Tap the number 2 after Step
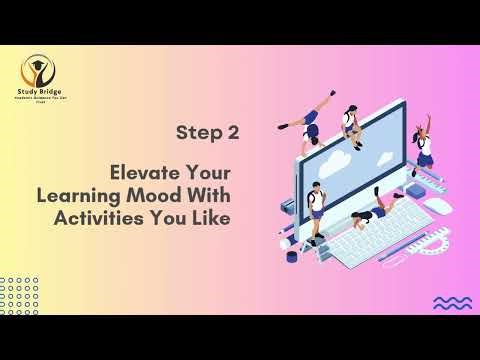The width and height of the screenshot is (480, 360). coord(233,131)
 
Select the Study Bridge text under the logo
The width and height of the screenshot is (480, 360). coord(39,91)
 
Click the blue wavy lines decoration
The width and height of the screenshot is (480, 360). coord(452,301)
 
